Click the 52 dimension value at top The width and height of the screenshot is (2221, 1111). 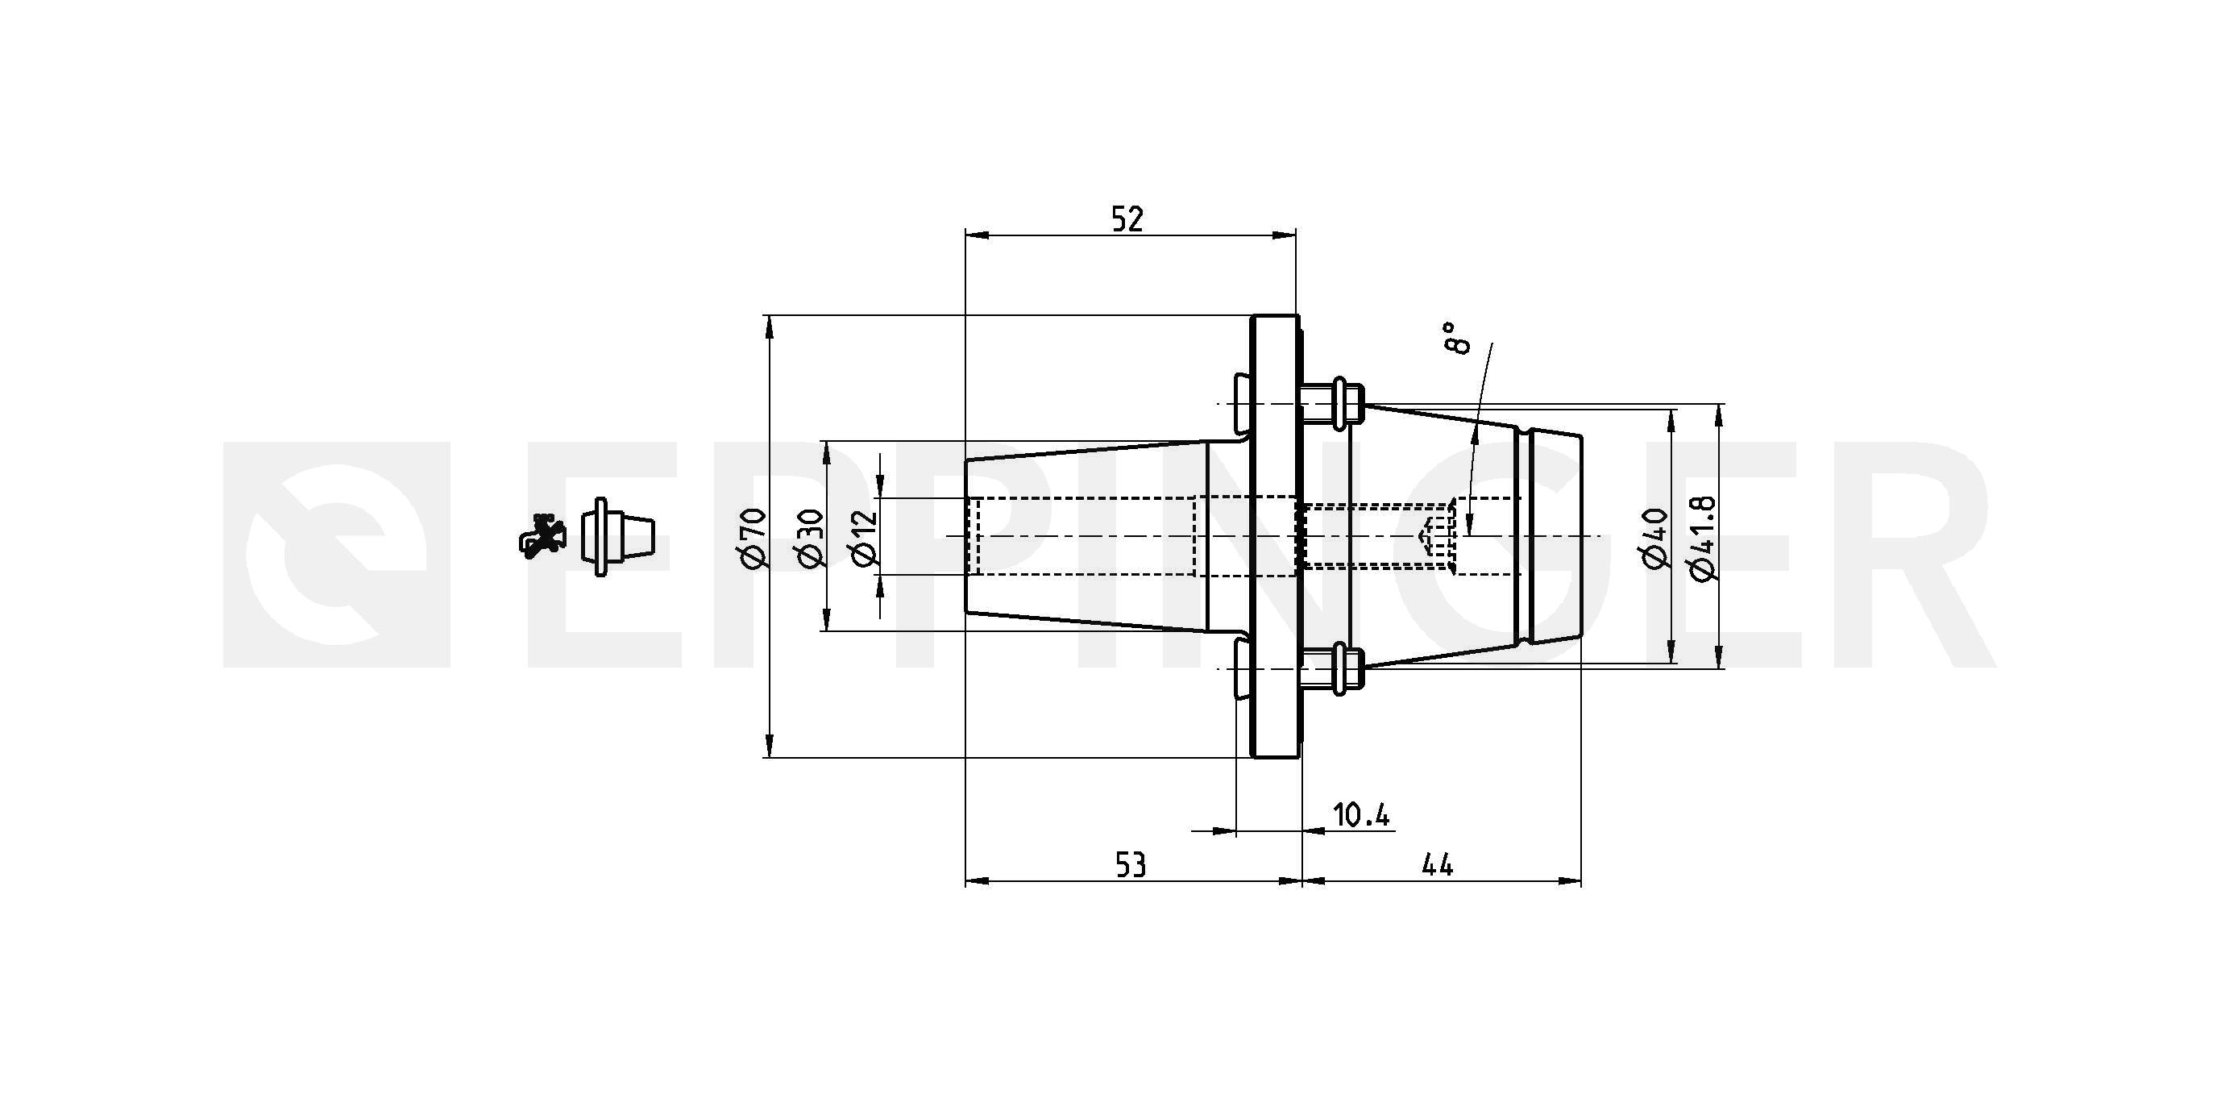pos(1127,219)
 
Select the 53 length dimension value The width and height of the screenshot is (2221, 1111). pos(1131,865)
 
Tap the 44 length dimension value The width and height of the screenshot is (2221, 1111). pos(1437,865)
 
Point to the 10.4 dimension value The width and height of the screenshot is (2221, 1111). pos(1361,814)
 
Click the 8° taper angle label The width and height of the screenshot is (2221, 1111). pos(1455,338)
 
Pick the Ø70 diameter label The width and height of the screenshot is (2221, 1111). pos(753,538)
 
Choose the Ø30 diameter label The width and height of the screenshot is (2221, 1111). pos(812,538)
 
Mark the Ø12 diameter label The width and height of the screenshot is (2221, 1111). pos(864,539)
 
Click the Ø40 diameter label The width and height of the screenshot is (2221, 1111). pos(1655,539)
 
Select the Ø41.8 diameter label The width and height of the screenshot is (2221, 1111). pos(1704,539)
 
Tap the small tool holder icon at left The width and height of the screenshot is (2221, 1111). pos(617,536)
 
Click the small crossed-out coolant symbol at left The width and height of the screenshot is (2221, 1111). pos(542,535)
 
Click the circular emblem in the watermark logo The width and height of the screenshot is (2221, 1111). pos(336,555)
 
